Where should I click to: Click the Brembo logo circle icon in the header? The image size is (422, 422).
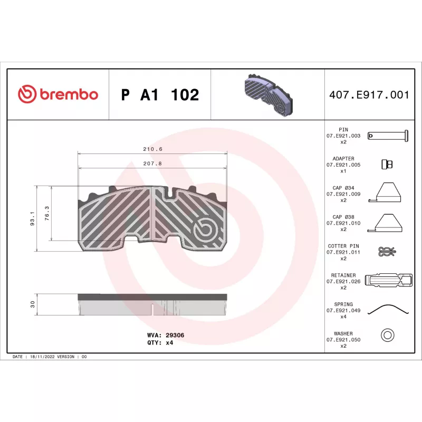[27, 94]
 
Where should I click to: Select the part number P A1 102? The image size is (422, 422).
[160, 95]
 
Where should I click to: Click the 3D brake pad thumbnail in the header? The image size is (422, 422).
[268, 95]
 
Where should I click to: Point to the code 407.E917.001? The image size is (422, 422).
[369, 95]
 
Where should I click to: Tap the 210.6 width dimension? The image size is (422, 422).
[152, 149]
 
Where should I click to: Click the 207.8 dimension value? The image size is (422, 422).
[152, 164]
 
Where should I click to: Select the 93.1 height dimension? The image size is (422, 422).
[32, 218]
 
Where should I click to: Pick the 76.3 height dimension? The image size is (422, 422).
[47, 214]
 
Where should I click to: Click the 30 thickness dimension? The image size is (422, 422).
[33, 304]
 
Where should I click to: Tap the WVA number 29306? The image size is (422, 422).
[175, 335]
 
